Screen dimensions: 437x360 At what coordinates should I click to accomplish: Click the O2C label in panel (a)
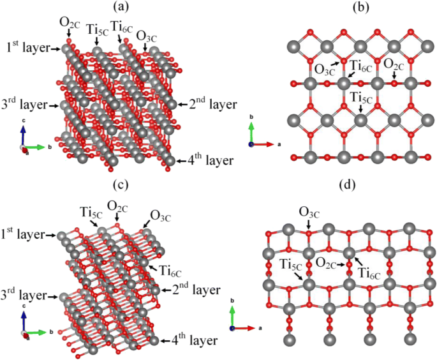(x=70, y=24)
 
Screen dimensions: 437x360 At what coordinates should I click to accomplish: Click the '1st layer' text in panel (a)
(x=27, y=46)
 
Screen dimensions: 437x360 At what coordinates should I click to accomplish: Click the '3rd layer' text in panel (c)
(x=27, y=296)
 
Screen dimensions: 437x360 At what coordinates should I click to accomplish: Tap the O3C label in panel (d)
(x=309, y=211)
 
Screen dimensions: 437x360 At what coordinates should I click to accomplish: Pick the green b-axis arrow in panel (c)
(x=39, y=333)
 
